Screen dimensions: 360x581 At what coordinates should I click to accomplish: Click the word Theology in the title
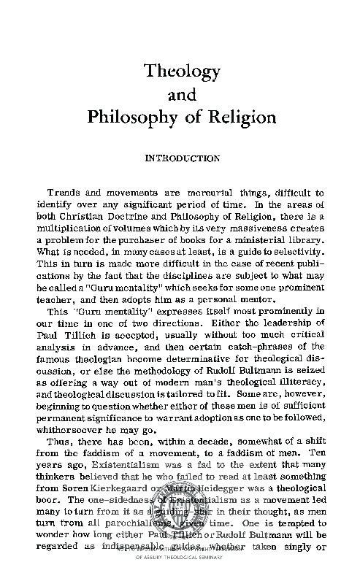(182, 72)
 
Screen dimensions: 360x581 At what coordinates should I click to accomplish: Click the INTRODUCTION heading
(182, 158)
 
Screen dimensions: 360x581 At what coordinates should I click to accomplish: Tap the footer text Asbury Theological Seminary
(183, 574)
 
